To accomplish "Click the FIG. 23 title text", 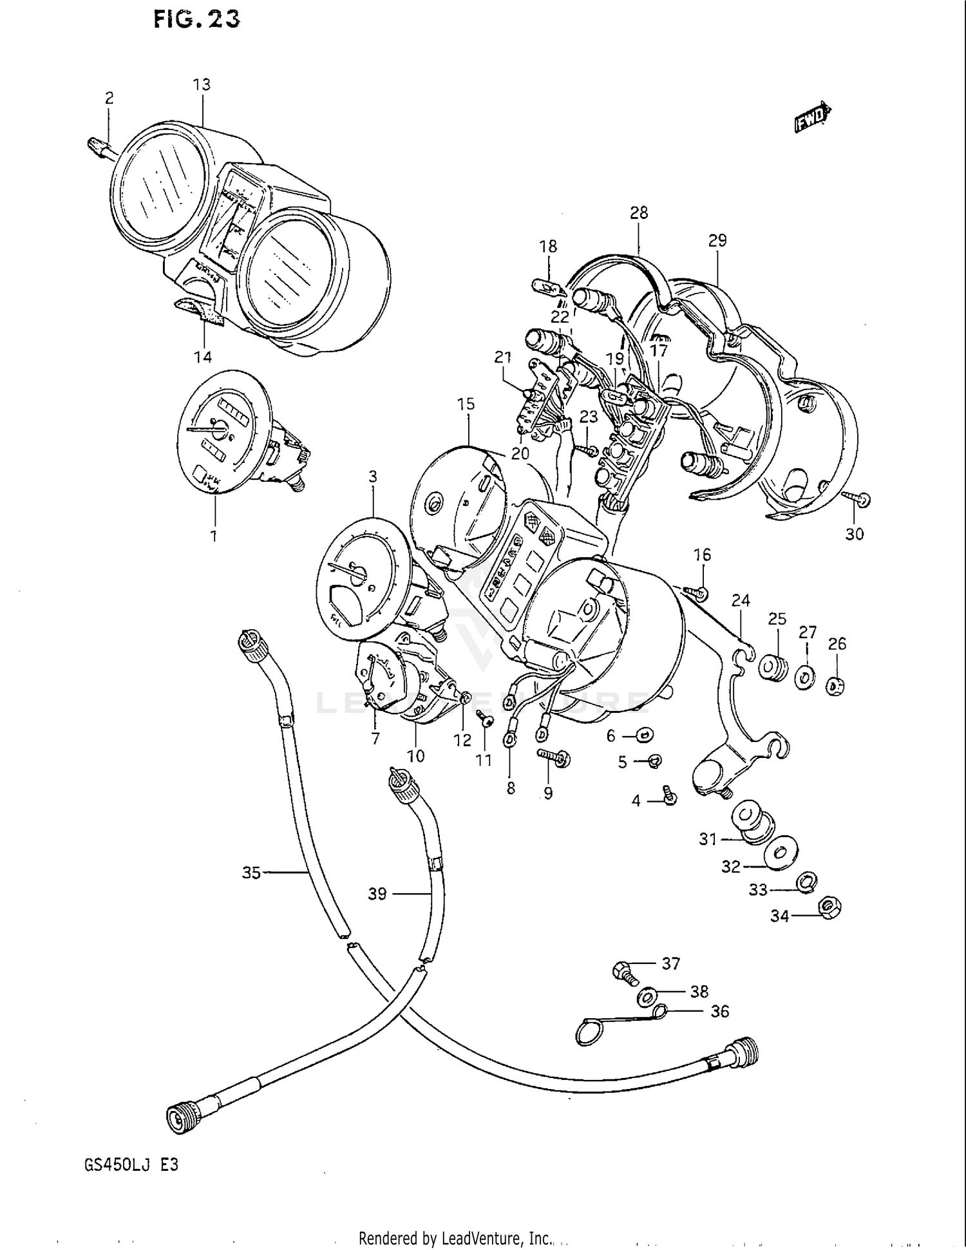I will pos(197,19).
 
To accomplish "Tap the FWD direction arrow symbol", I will pos(813,118).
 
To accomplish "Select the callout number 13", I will pos(202,84).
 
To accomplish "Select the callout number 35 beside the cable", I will pos(251,873).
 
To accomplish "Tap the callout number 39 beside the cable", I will pos(377,893).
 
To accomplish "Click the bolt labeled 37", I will pos(623,972).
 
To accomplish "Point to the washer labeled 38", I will pos(647,998).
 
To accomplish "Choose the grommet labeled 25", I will pos(773,667).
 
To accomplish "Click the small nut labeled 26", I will pos(836,687).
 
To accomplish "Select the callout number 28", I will pos(639,213).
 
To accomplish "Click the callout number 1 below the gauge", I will pos(214,535).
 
